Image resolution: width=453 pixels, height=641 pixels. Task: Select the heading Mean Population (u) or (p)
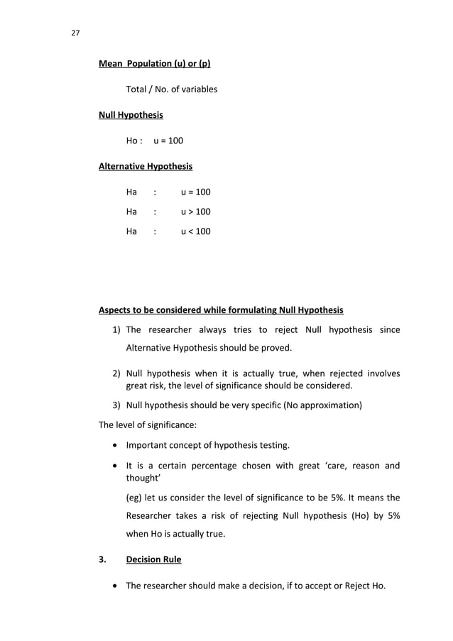pyautogui.click(x=154, y=64)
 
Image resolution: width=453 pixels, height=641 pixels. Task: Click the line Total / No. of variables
pyautogui.click(x=171, y=89)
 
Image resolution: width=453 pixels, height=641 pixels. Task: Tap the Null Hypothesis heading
pyautogui.click(x=131, y=115)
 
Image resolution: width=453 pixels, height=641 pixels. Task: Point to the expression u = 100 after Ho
pyautogui.click(x=168, y=141)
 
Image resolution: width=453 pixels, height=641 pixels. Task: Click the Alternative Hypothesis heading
pyautogui.click(x=145, y=166)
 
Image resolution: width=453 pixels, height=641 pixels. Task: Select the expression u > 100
pyautogui.click(x=195, y=212)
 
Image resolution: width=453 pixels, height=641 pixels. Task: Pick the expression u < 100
pyautogui.click(x=195, y=231)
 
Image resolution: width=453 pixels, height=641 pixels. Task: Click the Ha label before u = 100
pyautogui.click(x=131, y=192)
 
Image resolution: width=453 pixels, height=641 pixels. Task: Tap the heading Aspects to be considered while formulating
pyautogui.click(x=221, y=310)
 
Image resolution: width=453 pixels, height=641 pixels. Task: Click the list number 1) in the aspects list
pyautogui.click(x=117, y=329)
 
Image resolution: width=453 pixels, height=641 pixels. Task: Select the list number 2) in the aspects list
pyautogui.click(x=117, y=373)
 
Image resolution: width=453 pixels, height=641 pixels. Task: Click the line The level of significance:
pyautogui.click(x=147, y=425)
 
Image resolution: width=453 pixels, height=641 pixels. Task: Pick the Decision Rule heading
pyautogui.click(x=153, y=559)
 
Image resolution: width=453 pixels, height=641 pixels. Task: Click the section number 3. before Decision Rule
pyautogui.click(x=102, y=559)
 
